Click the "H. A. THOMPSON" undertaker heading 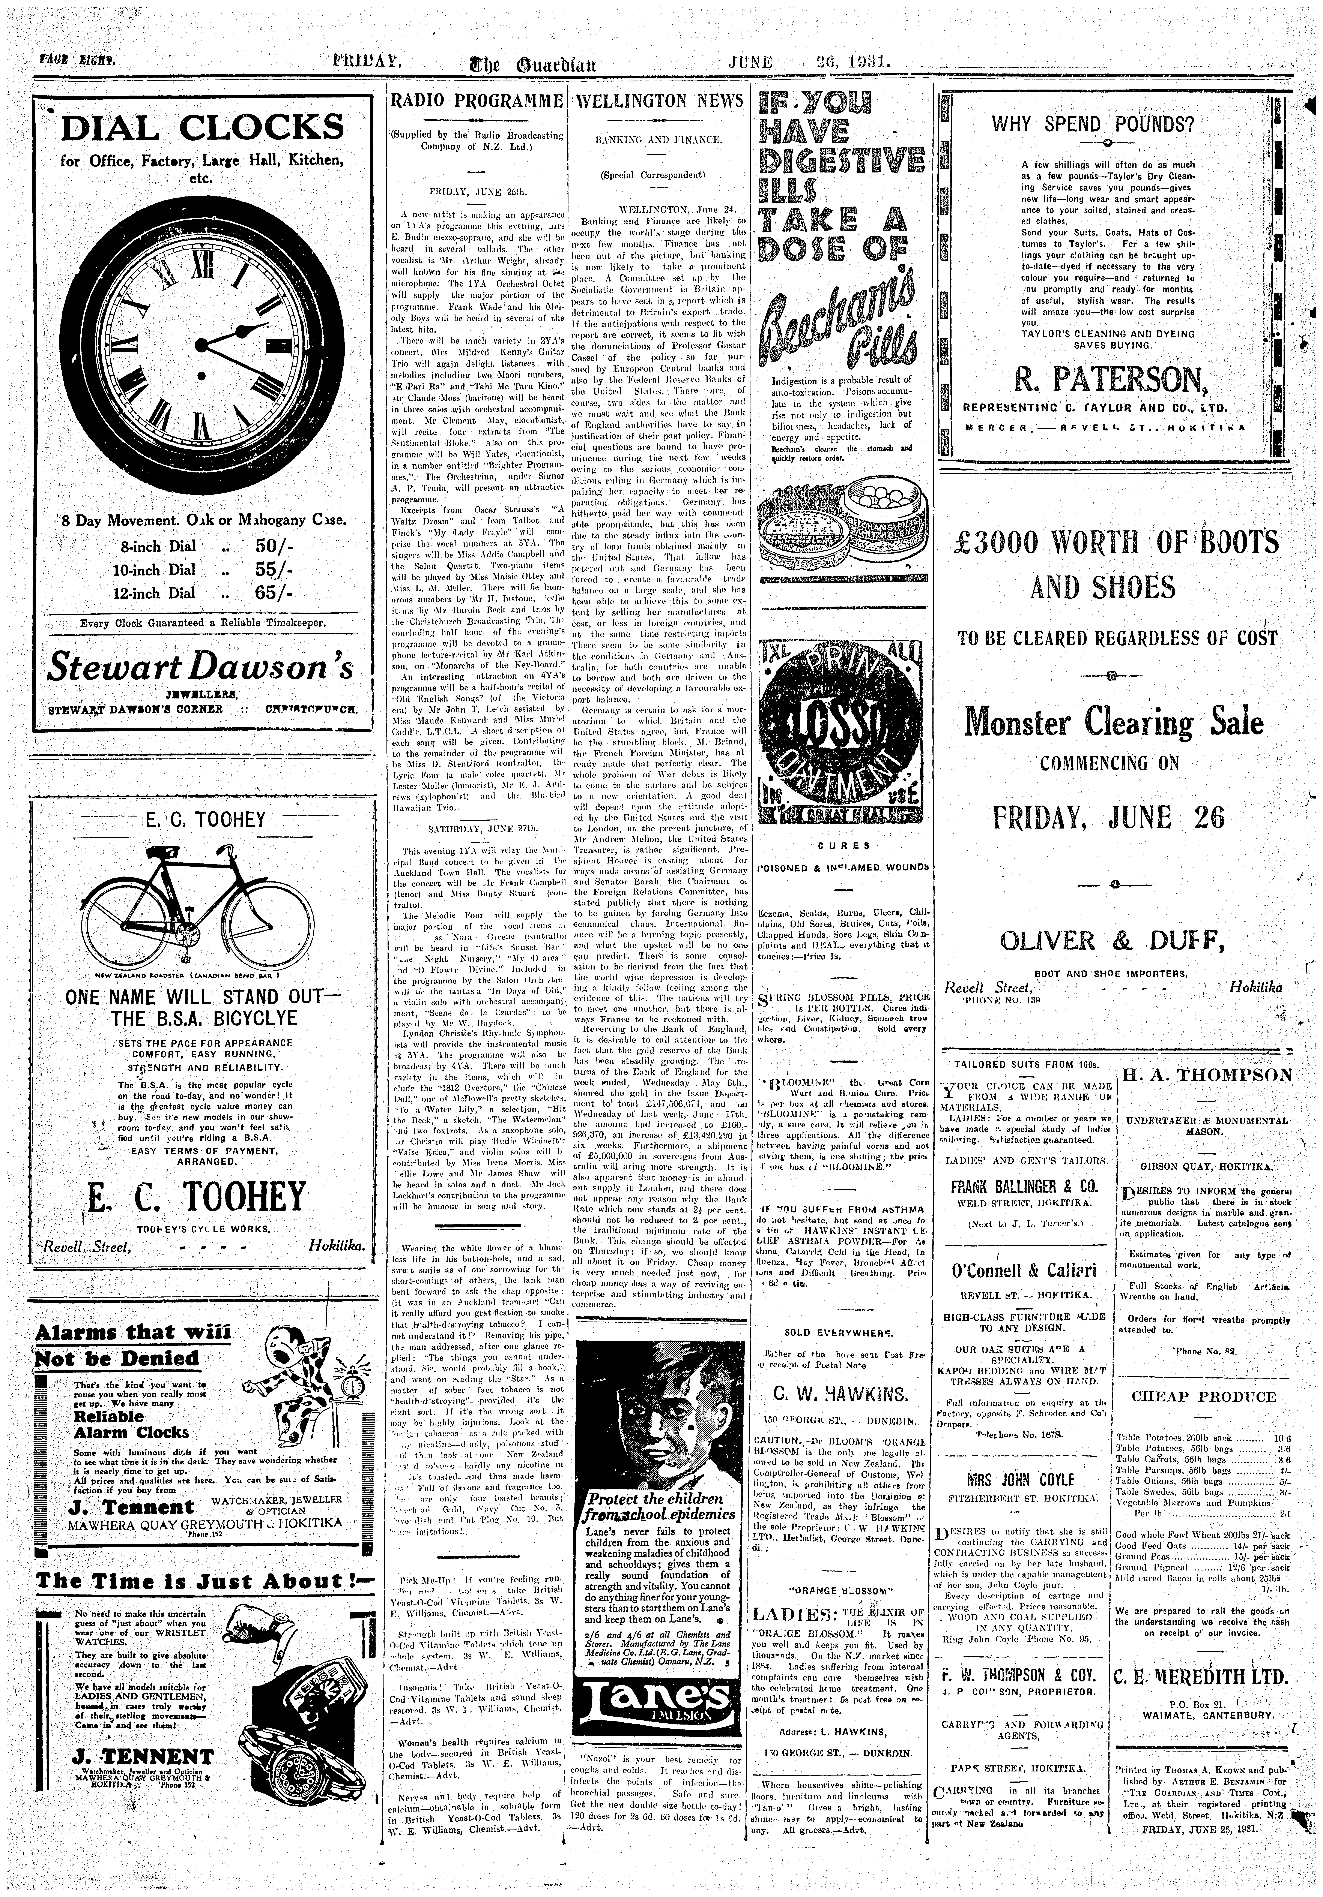[x=1206, y=1075]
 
